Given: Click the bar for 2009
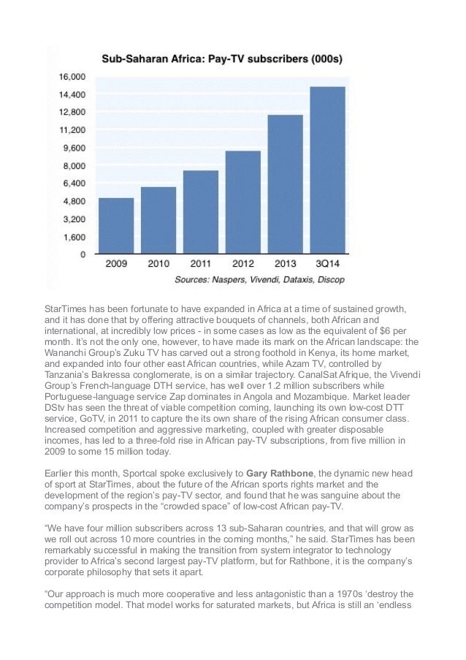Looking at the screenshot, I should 116,226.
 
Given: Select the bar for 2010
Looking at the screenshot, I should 158,220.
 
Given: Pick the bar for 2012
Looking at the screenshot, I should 243,202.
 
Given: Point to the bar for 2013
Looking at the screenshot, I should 286,184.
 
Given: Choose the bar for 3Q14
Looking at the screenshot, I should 328,170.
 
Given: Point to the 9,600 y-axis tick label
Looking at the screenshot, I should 72,148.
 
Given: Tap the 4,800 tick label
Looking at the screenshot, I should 72,201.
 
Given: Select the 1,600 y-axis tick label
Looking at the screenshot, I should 72,237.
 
